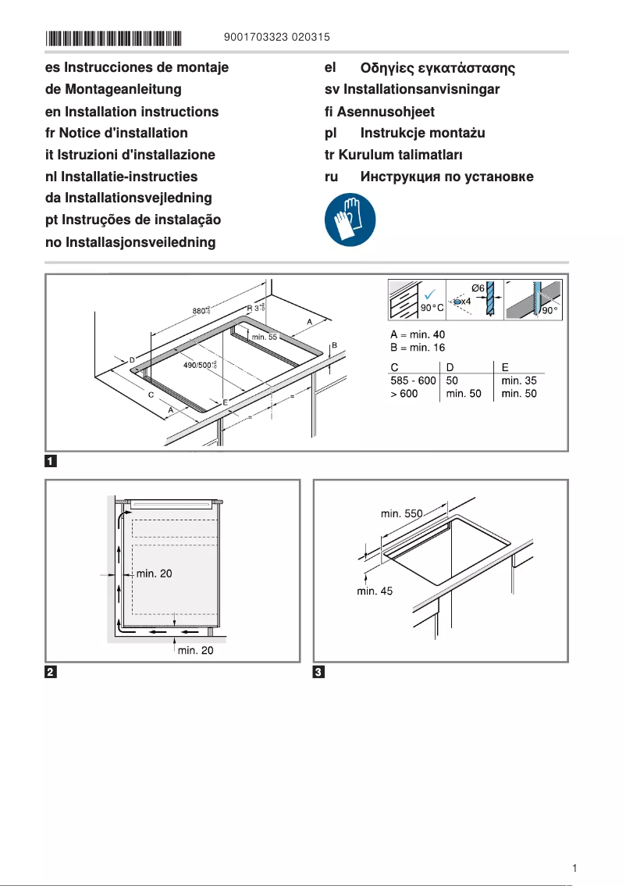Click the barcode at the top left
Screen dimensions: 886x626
pos(113,38)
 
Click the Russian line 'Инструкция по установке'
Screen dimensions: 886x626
pos(429,177)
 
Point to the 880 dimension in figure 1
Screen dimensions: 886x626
pos(201,311)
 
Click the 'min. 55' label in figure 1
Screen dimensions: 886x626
pos(264,337)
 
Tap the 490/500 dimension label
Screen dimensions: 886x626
pos(199,365)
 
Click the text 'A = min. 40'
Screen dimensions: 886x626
pos(418,335)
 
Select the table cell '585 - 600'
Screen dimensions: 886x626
pos(413,381)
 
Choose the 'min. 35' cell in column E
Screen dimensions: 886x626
pos(519,381)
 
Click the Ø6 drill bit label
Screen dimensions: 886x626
pos(478,288)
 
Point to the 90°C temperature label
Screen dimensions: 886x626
pos(432,308)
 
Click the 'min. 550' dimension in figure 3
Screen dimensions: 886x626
pos(401,513)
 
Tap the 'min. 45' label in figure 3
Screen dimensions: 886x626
pos(375,591)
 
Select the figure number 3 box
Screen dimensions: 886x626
pos(318,673)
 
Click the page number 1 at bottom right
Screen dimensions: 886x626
pos(574,868)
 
